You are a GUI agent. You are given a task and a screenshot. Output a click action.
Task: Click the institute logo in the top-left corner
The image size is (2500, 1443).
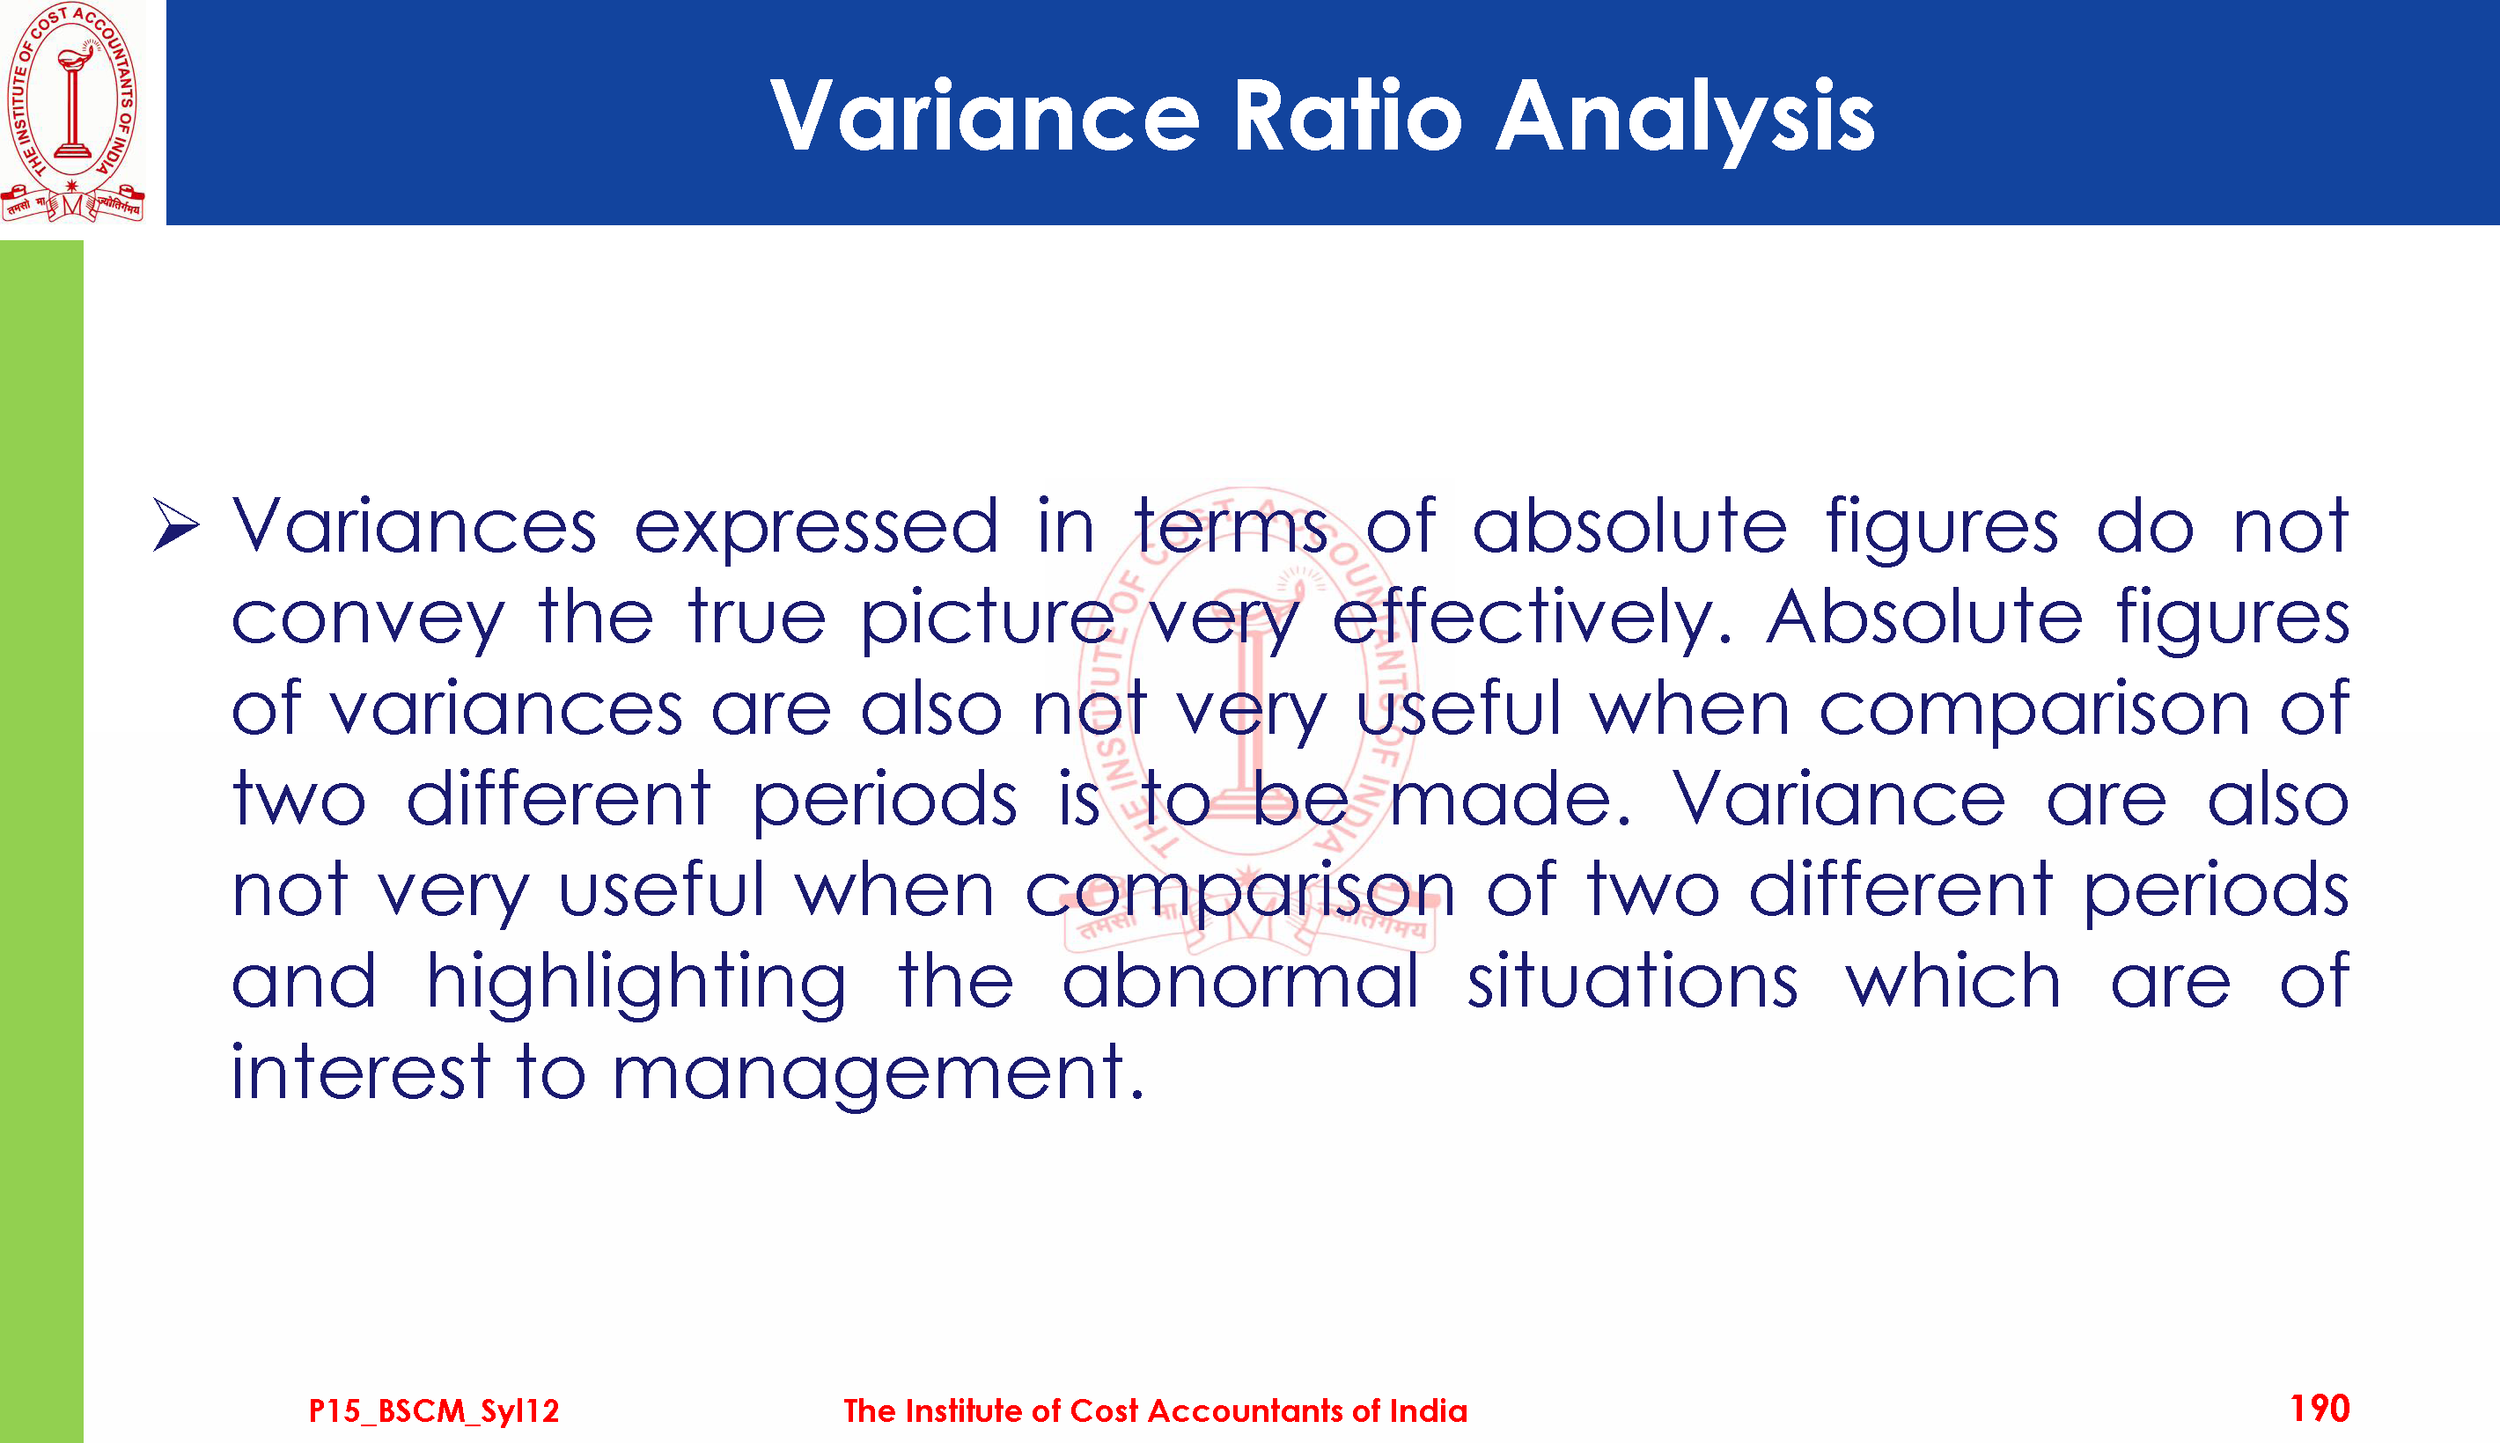click(x=72, y=111)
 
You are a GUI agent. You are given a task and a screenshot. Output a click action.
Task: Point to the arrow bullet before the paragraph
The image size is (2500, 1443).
click(x=176, y=525)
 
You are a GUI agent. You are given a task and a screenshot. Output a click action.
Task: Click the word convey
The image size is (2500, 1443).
click(x=368, y=621)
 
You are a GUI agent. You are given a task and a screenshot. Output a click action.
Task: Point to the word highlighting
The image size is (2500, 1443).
click(x=636, y=984)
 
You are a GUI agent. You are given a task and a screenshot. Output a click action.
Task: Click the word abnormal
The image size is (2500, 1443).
click(x=1240, y=981)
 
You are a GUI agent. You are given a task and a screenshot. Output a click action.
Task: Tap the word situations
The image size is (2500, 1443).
click(x=1632, y=981)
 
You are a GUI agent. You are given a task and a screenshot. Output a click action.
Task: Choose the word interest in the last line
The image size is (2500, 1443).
click(x=361, y=1073)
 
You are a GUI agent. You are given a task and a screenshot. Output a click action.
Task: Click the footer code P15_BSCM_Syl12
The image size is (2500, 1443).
click(x=433, y=1410)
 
